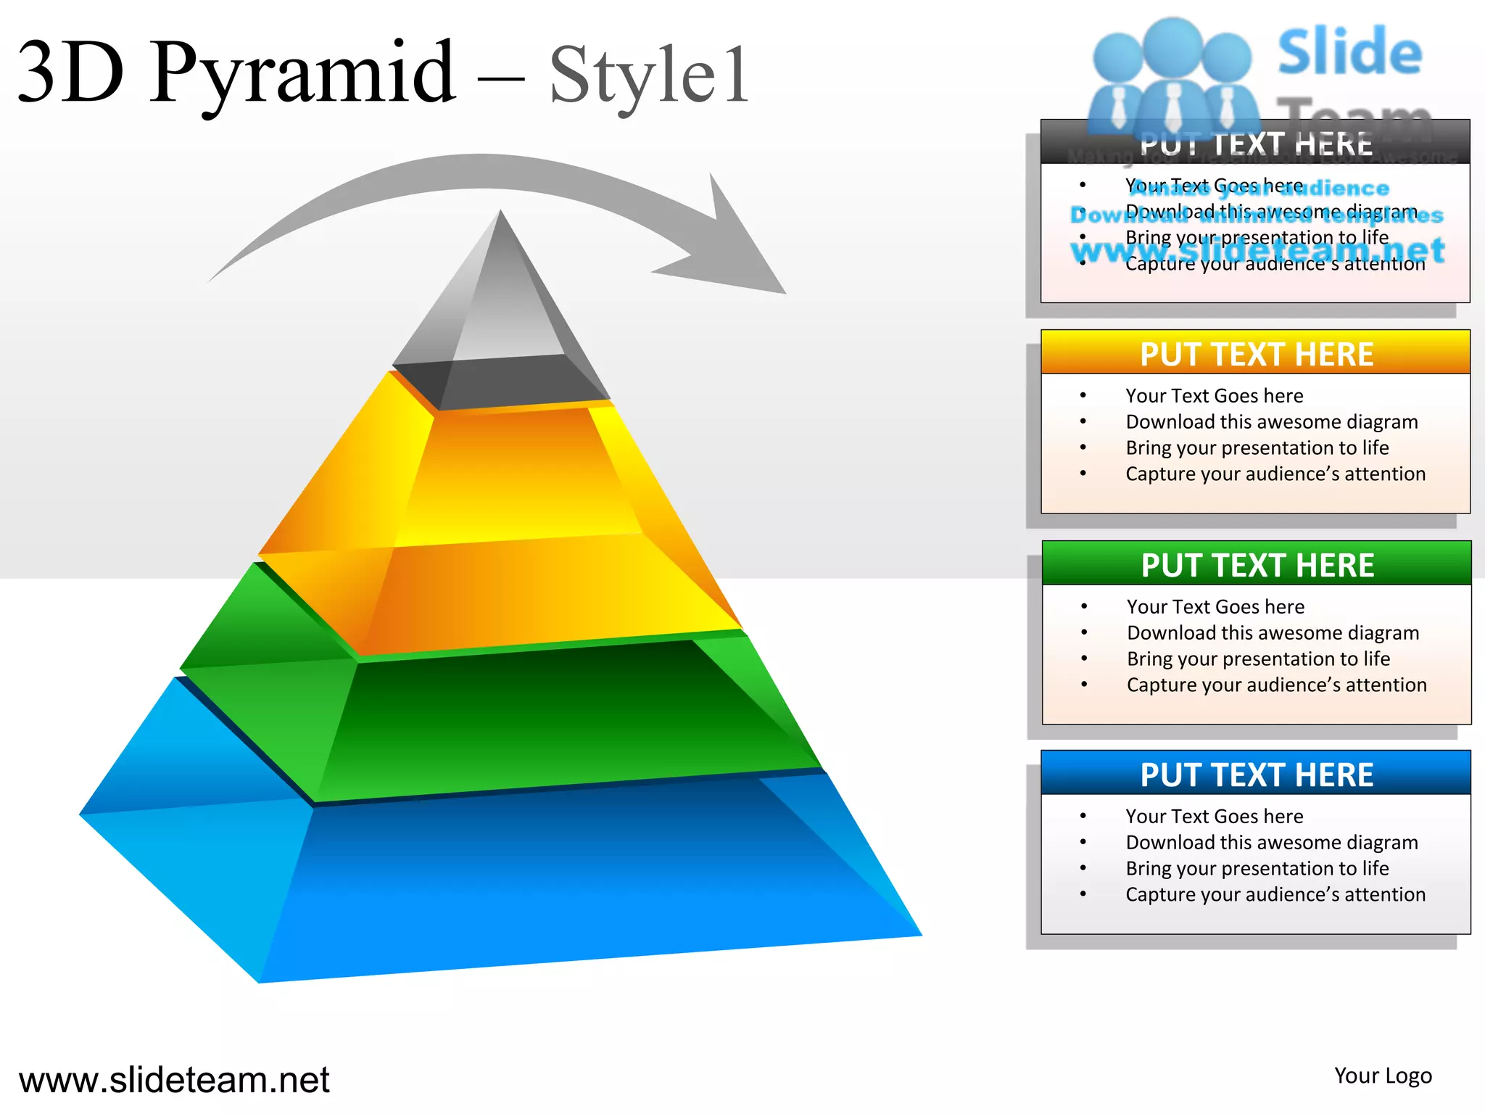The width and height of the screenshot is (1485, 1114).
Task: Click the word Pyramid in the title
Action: coord(303,73)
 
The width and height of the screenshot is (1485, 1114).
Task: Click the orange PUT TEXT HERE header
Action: coord(1256,354)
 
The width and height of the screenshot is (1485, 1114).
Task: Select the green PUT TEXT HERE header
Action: coord(1257,564)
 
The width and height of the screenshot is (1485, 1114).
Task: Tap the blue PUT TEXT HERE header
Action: coord(1256,774)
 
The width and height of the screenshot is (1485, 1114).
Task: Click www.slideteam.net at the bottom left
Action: coord(174,1080)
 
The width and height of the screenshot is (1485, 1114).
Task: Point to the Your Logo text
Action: coord(1383,1076)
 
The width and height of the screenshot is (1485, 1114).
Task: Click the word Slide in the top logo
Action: coord(1349,52)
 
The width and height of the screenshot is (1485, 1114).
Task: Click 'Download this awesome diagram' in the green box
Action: coord(1273,632)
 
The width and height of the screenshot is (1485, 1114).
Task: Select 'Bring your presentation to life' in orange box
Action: coord(1257,447)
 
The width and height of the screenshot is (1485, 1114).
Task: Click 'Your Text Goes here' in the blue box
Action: coord(1214,816)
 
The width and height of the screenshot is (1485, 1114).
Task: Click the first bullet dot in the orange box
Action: coord(1083,395)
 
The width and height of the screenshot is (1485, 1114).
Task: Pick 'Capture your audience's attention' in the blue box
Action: coord(1275,894)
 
